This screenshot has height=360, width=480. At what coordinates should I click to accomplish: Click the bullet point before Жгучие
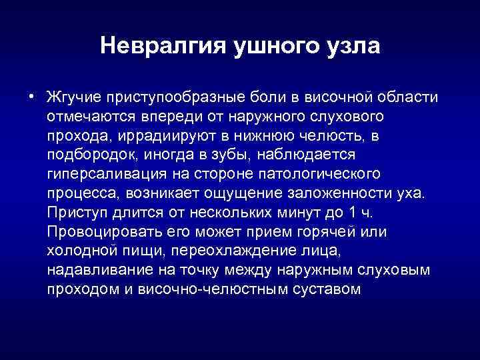pyautogui.click(x=31, y=97)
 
